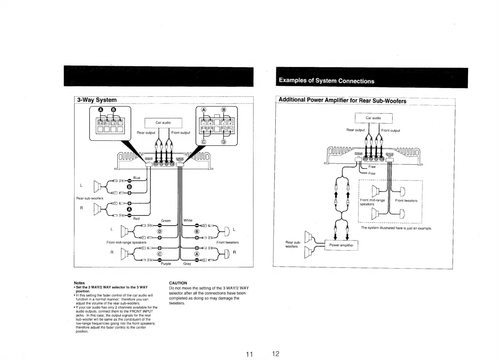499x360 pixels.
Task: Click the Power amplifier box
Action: click(x=341, y=245)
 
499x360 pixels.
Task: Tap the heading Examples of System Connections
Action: click(x=326, y=81)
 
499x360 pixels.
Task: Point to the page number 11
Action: click(x=250, y=355)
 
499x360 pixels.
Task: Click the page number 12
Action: click(x=276, y=354)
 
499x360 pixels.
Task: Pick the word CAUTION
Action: click(x=178, y=283)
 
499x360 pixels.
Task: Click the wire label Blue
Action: click(x=137, y=177)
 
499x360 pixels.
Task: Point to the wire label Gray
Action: click(x=187, y=264)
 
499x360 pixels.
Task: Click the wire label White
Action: click(x=188, y=220)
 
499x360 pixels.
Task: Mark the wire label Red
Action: click(x=137, y=218)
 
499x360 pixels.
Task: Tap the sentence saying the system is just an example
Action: click(x=396, y=228)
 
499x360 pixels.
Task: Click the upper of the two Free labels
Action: click(x=372, y=167)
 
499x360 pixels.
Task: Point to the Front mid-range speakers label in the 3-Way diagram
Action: click(x=126, y=242)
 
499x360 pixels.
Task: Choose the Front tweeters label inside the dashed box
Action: click(x=406, y=201)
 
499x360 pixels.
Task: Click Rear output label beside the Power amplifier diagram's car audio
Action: click(x=355, y=130)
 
